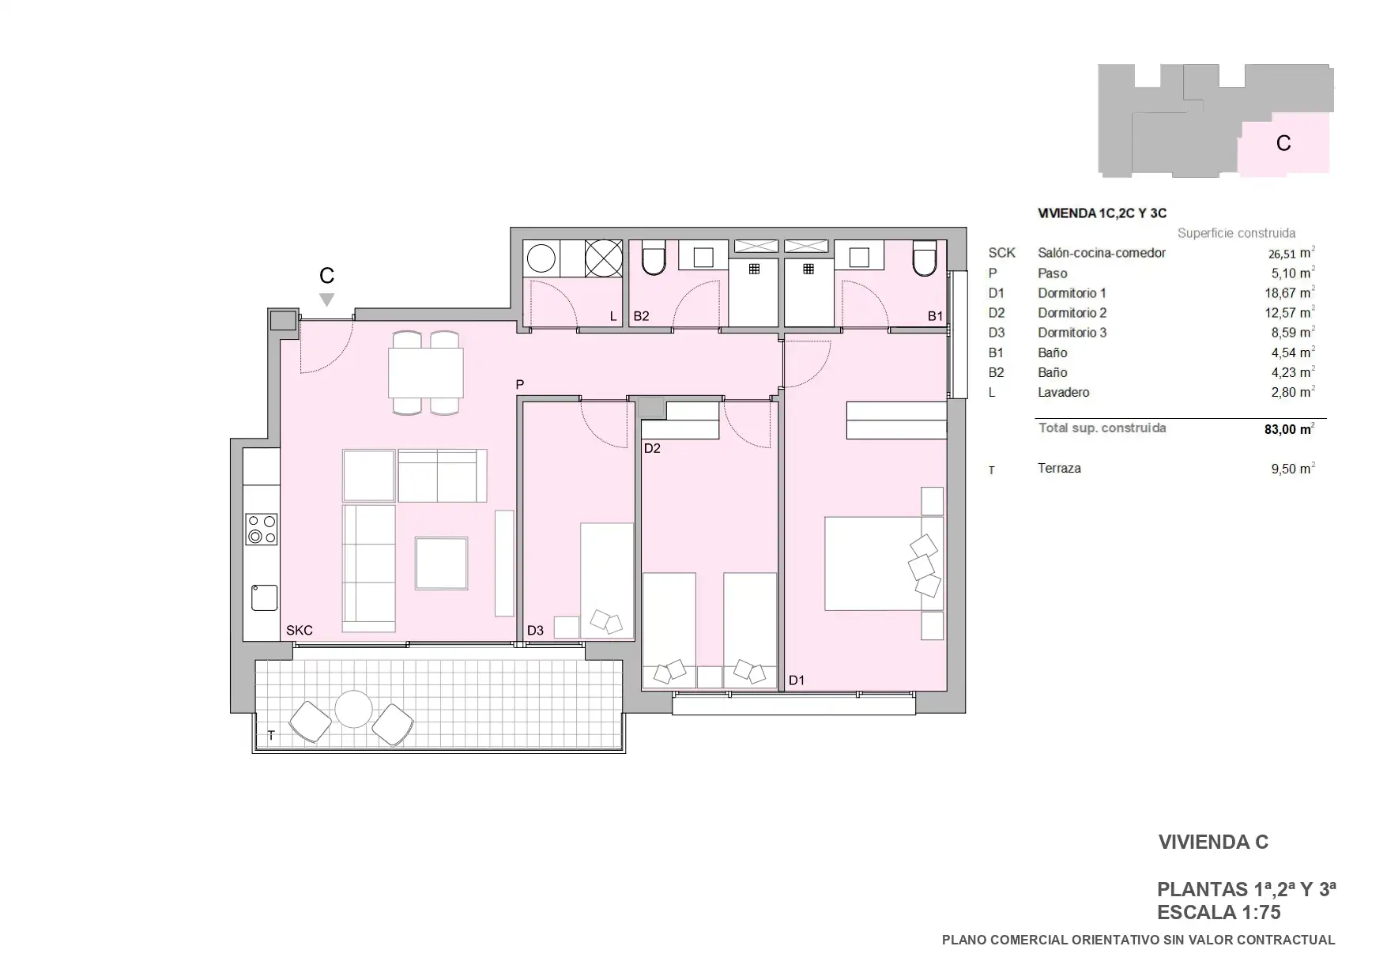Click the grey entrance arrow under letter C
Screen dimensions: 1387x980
coord(326,300)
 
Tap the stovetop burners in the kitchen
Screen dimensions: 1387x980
coord(261,529)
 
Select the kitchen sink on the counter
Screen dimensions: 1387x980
coord(264,597)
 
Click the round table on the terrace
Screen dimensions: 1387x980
coord(353,709)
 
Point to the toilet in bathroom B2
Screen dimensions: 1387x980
coord(654,258)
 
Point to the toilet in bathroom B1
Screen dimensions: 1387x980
coord(924,258)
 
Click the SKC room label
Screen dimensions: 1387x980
coord(300,630)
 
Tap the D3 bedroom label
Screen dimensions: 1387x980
coord(535,630)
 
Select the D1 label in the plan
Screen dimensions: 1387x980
coord(796,680)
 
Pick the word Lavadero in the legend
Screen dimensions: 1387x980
coord(1063,392)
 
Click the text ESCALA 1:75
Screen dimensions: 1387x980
coord(1219,912)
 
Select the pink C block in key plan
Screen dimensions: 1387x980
coord(1283,144)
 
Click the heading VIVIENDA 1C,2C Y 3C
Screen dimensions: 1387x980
coord(1102,213)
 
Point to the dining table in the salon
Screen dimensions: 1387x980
coord(425,372)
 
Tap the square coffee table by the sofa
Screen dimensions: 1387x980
coord(442,563)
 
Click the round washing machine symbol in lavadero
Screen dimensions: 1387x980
coord(541,258)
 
